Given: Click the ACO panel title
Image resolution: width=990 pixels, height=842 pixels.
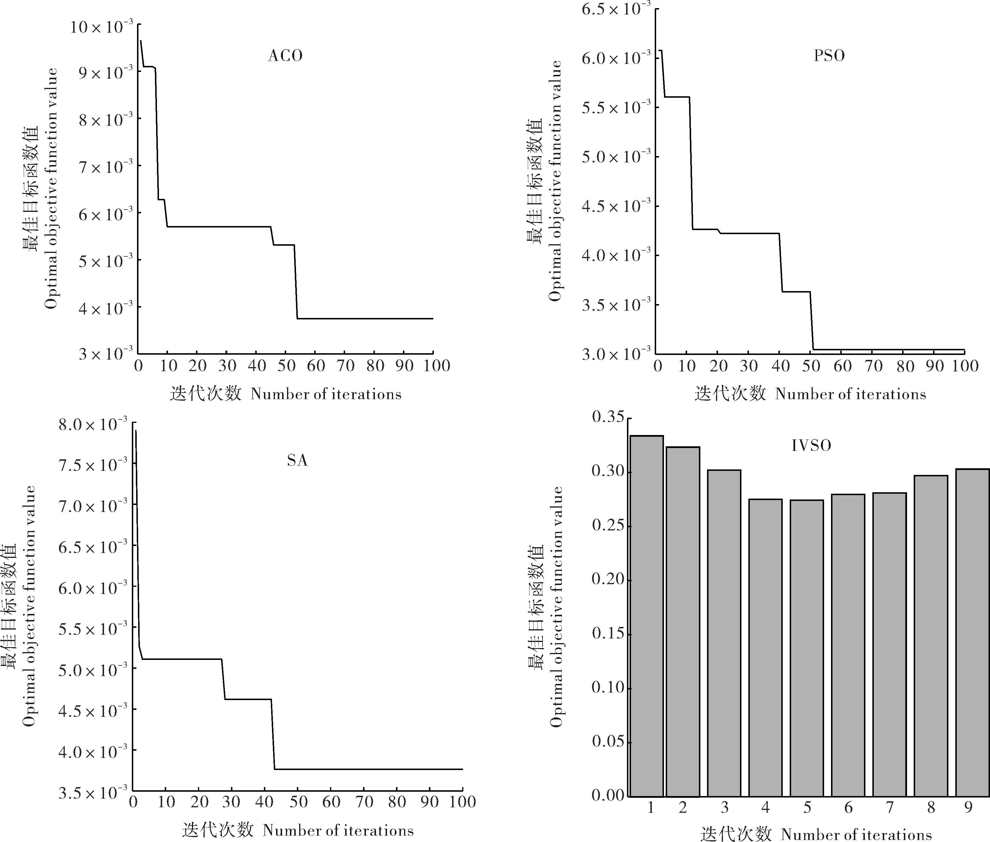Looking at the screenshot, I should click(286, 56).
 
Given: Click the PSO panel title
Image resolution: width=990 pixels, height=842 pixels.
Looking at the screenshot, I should click(829, 56).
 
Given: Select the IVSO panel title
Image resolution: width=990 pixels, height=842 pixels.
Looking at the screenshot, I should click(811, 445).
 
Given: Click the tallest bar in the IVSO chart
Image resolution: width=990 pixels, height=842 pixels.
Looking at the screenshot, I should click(646, 616).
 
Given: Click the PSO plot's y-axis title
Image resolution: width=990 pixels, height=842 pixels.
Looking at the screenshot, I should click(544, 182).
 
